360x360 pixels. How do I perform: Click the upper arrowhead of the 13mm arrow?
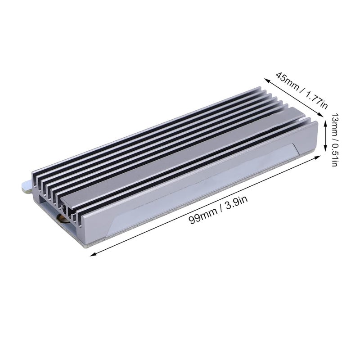(x=324, y=115)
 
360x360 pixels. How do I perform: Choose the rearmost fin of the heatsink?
(x=148, y=128)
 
